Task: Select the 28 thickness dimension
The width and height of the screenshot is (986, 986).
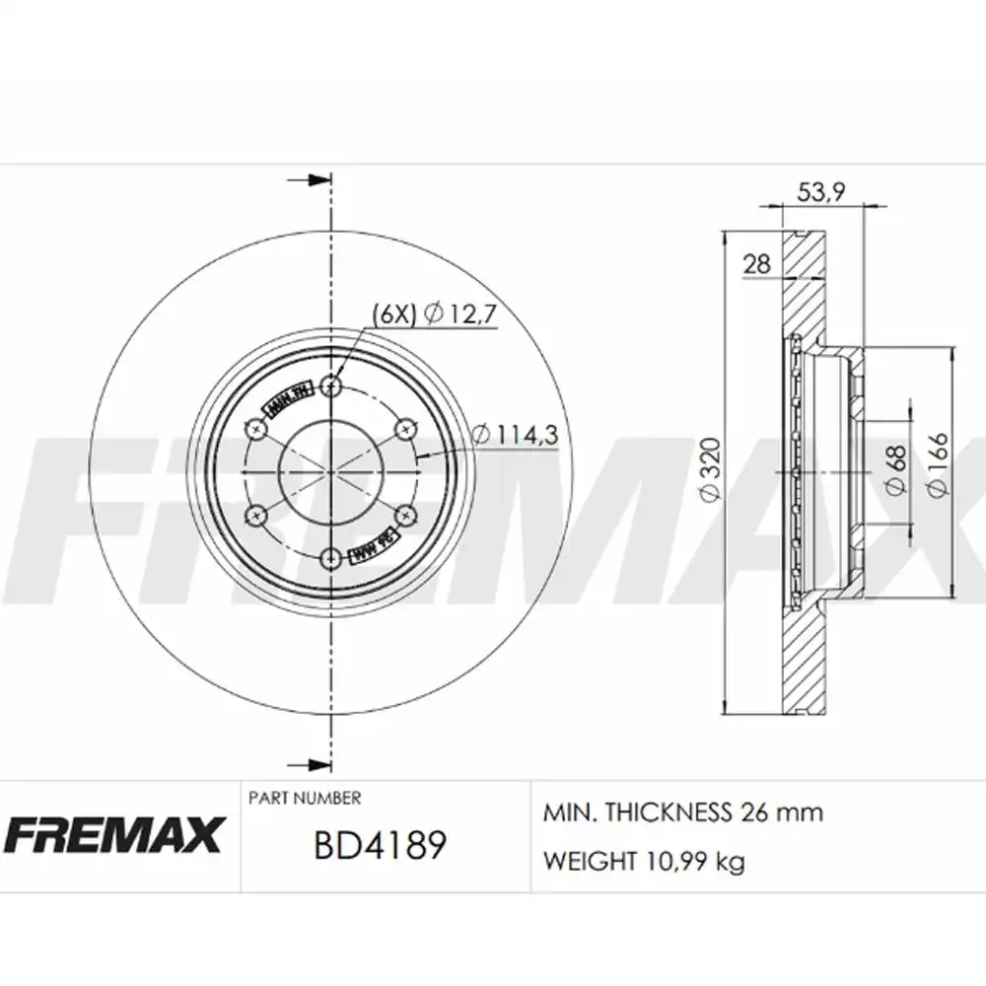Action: click(757, 263)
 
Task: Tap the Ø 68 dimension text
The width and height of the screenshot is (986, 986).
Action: click(894, 469)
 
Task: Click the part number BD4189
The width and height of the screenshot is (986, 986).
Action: click(381, 845)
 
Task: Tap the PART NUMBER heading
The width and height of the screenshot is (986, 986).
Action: click(305, 798)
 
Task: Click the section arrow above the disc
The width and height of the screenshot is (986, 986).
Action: click(312, 181)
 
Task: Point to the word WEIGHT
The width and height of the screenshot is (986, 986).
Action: click(590, 862)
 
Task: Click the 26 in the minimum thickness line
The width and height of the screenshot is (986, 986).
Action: click(747, 812)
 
